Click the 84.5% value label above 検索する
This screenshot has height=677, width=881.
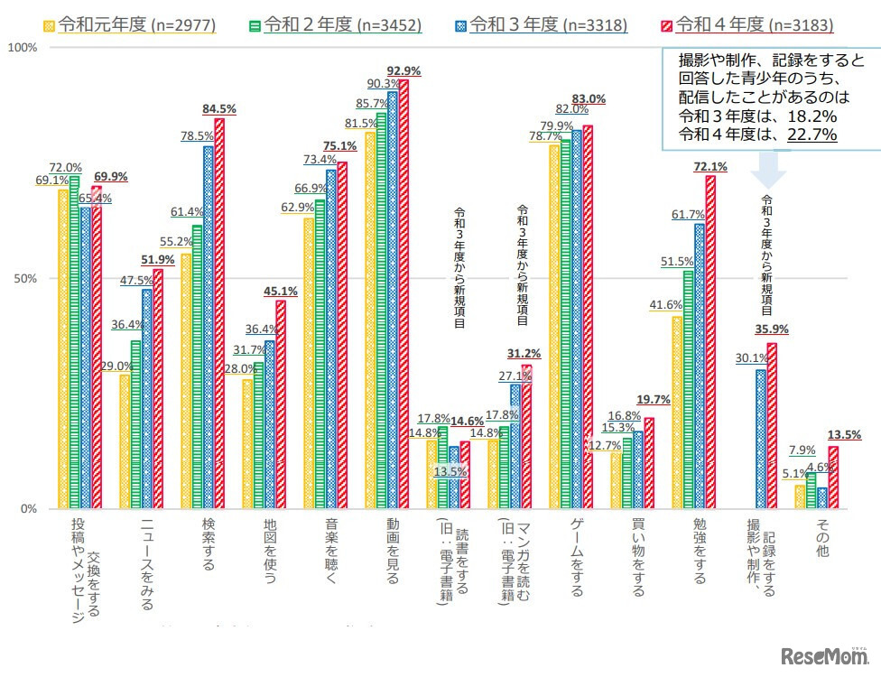point(219,109)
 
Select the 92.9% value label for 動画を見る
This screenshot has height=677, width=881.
point(403,70)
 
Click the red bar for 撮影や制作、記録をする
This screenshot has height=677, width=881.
point(772,425)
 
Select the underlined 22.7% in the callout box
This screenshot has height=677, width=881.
point(811,134)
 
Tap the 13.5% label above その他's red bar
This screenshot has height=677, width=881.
point(844,435)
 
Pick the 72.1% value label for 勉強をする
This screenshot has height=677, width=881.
point(709,166)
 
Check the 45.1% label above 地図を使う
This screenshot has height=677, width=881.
point(280,291)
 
